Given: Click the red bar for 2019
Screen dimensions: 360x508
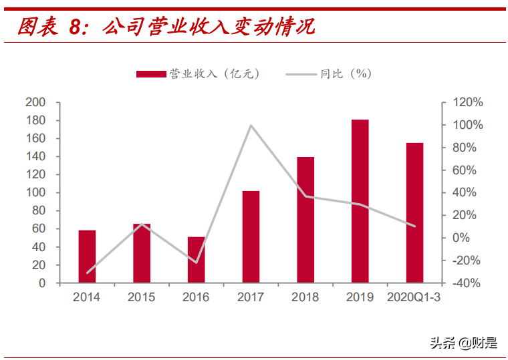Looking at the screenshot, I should pyautogui.click(x=360, y=201).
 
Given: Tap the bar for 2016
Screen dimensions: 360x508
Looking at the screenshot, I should pyautogui.click(x=196, y=260).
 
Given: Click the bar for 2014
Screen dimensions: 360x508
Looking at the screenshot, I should pyautogui.click(x=87, y=256).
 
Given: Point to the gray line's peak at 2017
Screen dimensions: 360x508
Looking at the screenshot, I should pyautogui.click(x=251, y=126).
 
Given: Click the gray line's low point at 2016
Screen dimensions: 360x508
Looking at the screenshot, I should pyautogui.click(x=197, y=262).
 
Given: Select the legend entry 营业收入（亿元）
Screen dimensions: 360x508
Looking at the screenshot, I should pyautogui.click(x=198, y=74).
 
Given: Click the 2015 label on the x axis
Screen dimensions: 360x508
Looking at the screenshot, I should pyautogui.click(x=141, y=297).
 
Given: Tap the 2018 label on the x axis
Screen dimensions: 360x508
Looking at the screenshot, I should pyautogui.click(x=305, y=297).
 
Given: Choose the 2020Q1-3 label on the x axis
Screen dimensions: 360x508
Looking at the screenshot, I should pyautogui.click(x=414, y=297).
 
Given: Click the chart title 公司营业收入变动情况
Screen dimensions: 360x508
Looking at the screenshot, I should pyautogui.click(x=209, y=27).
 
